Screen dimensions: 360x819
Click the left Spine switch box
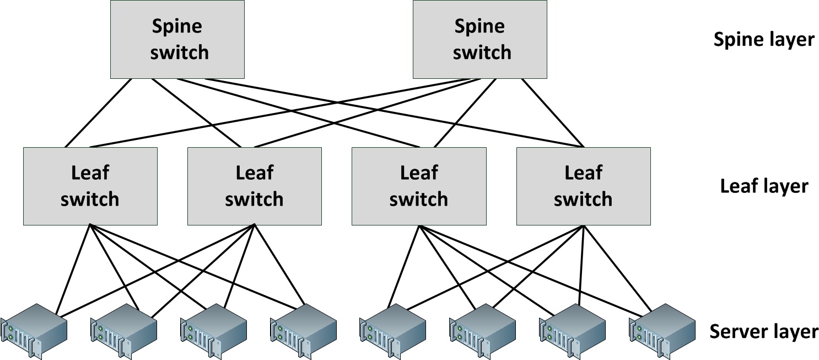click(177, 39)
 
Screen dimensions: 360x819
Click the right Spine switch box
click(479, 39)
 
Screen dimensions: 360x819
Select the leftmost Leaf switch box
click(90, 186)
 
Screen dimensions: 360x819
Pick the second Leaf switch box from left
click(254, 186)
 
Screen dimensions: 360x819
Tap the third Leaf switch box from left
click(419, 186)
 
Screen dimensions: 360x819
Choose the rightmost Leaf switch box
click(583, 186)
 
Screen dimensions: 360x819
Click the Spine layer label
click(763, 40)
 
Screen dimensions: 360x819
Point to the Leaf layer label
click(763, 186)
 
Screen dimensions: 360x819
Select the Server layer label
click(763, 331)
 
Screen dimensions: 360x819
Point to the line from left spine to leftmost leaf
click(99, 113)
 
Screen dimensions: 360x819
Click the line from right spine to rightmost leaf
click(553, 113)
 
